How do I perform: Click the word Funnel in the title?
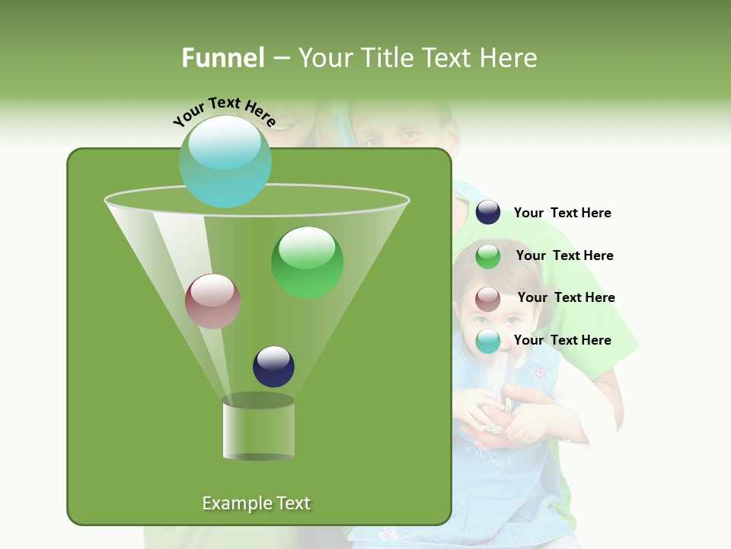click(x=222, y=58)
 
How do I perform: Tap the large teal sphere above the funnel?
click(x=225, y=161)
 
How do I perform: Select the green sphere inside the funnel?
click(x=307, y=262)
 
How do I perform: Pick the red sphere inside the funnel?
click(x=212, y=301)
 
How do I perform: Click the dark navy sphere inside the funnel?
click(x=273, y=366)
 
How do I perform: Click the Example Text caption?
click(x=256, y=503)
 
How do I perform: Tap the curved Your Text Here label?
click(x=224, y=111)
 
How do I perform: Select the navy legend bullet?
click(x=488, y=213)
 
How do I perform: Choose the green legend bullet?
click(x=488, y=256)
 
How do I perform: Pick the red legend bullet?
click(x=488, y=299)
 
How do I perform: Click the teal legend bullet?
click(x=488, y=341)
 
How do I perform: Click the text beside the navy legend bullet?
click(x=562, y=213)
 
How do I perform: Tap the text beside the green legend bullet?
click(x=564, y=256)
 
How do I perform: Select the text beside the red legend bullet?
click(x=566, y=298)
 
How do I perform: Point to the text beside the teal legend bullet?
click(x=562, y=340)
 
